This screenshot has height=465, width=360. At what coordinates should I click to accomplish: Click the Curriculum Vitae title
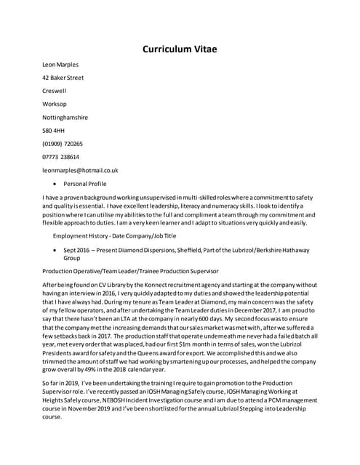179,49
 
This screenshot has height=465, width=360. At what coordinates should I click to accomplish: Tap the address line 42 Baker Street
63,78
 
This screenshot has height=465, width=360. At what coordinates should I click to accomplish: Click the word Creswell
55,91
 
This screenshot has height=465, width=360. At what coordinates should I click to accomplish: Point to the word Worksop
55,104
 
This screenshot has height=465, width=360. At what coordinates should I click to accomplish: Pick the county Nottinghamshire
65,117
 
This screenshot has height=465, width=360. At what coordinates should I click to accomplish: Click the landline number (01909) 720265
63,144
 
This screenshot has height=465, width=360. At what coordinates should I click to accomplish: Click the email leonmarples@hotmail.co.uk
80,170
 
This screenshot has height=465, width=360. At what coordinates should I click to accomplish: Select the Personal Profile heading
85,184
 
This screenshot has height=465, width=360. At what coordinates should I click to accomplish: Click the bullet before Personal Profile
55,184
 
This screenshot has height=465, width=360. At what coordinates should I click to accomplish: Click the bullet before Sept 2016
55,249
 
